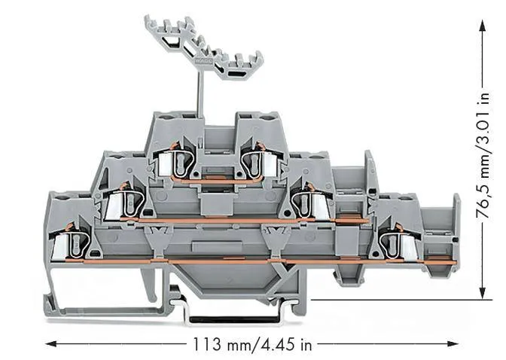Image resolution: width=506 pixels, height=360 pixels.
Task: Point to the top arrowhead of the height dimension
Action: click(x=482, y=25)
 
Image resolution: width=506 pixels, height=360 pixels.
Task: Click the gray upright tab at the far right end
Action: click(x=454, y=218)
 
